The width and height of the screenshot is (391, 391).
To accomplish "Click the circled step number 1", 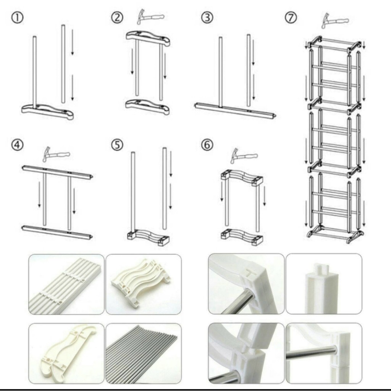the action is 18,18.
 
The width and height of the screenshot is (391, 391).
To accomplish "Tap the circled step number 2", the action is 117,18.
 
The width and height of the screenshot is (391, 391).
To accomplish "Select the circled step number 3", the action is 207,18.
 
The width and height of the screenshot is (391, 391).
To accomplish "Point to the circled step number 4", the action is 18,145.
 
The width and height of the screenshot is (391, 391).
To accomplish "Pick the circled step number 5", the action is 117,145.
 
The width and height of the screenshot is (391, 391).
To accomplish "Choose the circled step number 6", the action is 207,145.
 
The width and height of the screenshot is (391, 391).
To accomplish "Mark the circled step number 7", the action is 291,18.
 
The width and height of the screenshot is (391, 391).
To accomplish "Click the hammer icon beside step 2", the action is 150,17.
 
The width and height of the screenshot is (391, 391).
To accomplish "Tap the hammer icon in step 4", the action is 57,155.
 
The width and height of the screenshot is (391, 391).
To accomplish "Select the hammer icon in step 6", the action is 244,156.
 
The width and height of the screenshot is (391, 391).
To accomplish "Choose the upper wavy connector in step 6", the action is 242,177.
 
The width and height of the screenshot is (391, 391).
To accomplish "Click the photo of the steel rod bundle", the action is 144,353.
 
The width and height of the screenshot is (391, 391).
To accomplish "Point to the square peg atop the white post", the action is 322,269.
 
